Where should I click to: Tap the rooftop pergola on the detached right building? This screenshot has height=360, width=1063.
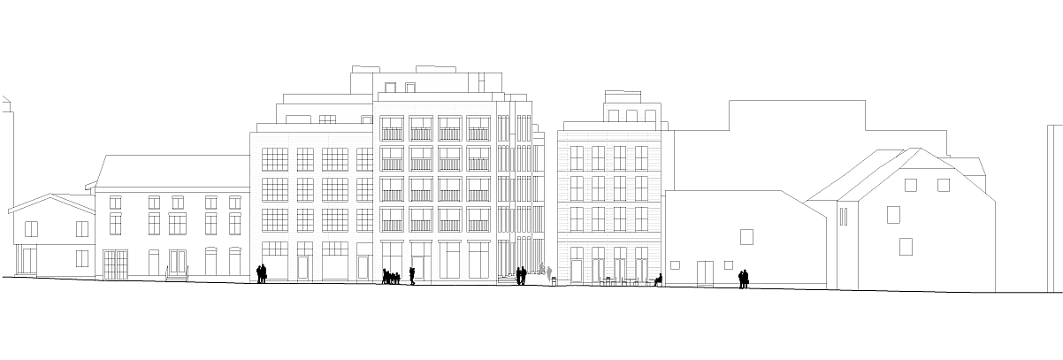pos(633,113)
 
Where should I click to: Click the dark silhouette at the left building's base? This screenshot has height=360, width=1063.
pos(259,272)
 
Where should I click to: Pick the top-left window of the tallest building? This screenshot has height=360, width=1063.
pos(391,128)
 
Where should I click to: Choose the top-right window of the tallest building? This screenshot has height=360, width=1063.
pos(478,128)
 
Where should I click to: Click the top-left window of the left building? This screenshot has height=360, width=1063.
pos(274,159)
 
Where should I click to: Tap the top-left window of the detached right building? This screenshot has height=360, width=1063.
pos(577,157)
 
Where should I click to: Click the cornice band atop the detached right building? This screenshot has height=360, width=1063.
pos(608,134)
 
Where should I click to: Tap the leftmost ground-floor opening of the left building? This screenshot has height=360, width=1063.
pos(274,260)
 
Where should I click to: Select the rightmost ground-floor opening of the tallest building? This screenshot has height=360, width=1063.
pos(478,260)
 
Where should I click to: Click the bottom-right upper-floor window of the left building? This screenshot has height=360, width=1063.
pos(363,218)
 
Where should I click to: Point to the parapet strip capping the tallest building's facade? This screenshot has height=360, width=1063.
pos(433,108)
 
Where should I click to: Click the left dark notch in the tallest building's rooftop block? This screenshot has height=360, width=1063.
pos(389,86)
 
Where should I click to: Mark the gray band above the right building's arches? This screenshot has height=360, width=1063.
pos(608,237)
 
